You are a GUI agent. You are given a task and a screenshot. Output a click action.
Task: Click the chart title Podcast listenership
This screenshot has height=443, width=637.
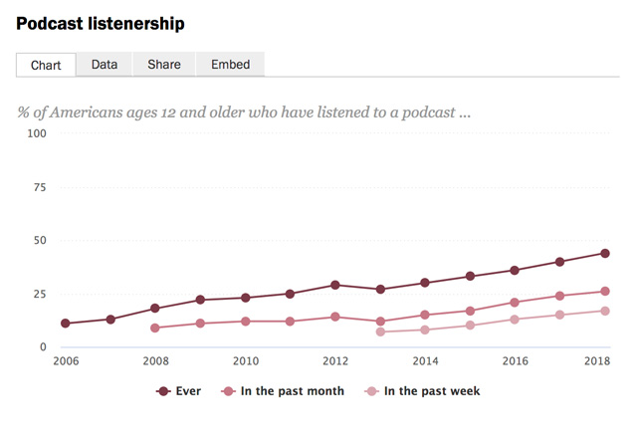[x=100, y=22]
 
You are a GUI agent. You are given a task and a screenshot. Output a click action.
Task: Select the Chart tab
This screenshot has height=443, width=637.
[x=46, y=65]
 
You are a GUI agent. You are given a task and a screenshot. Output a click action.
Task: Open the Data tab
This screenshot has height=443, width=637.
[x=105, y=65]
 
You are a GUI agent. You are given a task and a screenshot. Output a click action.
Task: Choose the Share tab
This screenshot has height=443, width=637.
[x=164, y=65]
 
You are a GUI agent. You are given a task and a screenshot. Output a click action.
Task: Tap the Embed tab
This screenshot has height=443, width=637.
[x=230, y=65]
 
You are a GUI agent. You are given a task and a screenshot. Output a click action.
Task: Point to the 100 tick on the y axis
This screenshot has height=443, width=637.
[x=36, y=133]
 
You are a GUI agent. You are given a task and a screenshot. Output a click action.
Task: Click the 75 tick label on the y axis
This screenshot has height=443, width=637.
[x=39, y=187]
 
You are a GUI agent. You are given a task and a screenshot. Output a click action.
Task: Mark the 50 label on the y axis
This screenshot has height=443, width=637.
[x=39, y=240]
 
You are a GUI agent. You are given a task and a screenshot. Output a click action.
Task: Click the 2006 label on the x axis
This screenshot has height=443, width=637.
[x=66, y=361]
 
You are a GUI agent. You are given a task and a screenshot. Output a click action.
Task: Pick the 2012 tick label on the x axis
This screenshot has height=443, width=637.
[x=335, y=361]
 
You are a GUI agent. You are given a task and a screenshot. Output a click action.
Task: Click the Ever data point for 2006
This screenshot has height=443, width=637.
[x=66, y=324]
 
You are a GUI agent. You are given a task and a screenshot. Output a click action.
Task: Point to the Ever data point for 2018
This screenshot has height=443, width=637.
[x=604, y=253]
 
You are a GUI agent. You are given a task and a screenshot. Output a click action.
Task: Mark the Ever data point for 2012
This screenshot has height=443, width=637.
[x=335, y=285]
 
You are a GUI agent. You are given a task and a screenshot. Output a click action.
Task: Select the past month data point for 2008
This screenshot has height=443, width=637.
[x=155, y=328]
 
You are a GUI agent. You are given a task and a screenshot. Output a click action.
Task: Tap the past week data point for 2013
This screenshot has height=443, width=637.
[x=380, y=332]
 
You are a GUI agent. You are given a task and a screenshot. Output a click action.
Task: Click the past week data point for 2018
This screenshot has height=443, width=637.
[x=604, y=311]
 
